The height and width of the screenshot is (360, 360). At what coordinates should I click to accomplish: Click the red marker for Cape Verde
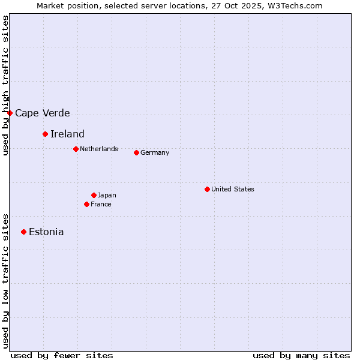[10, 113]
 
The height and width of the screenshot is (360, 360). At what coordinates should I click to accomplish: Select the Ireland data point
[45, 134]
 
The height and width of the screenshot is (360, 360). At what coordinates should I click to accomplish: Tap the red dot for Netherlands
[76, 149]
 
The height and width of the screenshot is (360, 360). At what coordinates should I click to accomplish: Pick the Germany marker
[136, 152]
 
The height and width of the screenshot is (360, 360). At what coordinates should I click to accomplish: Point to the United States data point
[207, 189]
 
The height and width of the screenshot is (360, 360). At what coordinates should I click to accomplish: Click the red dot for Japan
[94, 195]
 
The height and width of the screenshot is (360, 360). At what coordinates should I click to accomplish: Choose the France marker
[86, 204]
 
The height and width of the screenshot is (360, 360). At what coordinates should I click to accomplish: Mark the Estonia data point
[23, 232]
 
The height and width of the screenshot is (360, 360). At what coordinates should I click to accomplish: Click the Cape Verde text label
[43, 113]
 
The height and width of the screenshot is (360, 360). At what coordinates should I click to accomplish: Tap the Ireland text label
[67, 134]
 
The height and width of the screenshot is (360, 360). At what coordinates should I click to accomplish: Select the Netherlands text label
[99, 149]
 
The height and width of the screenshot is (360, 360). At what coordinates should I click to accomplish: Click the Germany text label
[155, 152]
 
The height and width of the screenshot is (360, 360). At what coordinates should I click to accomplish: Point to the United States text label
[233, 189]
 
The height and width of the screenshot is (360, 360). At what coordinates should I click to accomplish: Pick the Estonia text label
[46, 232]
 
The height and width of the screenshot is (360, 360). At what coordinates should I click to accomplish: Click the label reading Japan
[107, 195]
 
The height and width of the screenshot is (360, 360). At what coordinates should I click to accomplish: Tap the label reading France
[101, 204]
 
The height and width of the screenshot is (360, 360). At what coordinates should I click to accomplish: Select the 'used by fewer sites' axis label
[62, 355]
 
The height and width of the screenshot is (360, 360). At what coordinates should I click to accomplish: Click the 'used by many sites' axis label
[301, 355]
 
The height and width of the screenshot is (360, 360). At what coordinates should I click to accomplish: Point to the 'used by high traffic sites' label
[5, 85]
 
